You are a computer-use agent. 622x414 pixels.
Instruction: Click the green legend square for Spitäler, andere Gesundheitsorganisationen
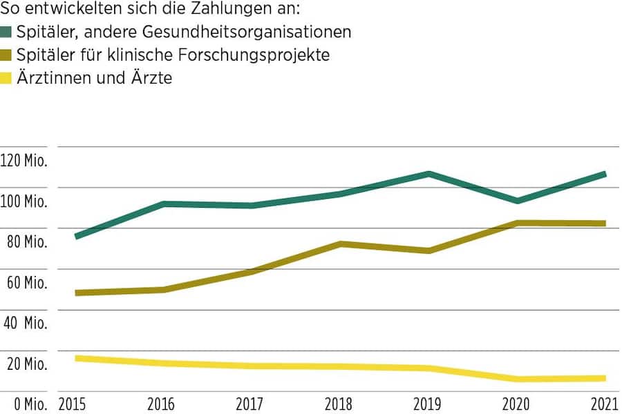8,32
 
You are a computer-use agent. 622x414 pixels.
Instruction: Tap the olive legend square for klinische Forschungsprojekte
8,55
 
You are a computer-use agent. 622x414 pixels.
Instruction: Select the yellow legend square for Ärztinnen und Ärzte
8,79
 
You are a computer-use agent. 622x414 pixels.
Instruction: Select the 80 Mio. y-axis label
26,242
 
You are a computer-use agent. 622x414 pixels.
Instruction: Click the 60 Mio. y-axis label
26,283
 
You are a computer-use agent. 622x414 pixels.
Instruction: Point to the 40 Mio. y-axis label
26,323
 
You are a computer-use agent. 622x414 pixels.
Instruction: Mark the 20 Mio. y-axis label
26,364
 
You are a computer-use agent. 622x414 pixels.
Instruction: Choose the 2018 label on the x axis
340,404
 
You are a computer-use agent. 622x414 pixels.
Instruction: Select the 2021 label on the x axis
603,404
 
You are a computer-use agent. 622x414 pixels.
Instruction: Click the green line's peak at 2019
428,174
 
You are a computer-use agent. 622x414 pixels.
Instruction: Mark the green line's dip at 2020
517,201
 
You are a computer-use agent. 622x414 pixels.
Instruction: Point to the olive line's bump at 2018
341,244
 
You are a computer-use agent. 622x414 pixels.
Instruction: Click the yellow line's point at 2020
517,379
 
